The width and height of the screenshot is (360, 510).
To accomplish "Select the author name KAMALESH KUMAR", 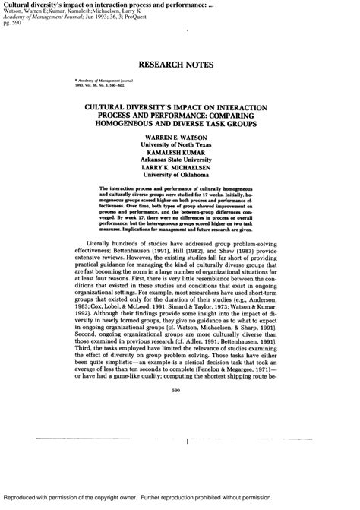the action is click(x=180, y=153).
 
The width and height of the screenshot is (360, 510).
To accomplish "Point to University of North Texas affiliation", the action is click(x=180, y=145).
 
